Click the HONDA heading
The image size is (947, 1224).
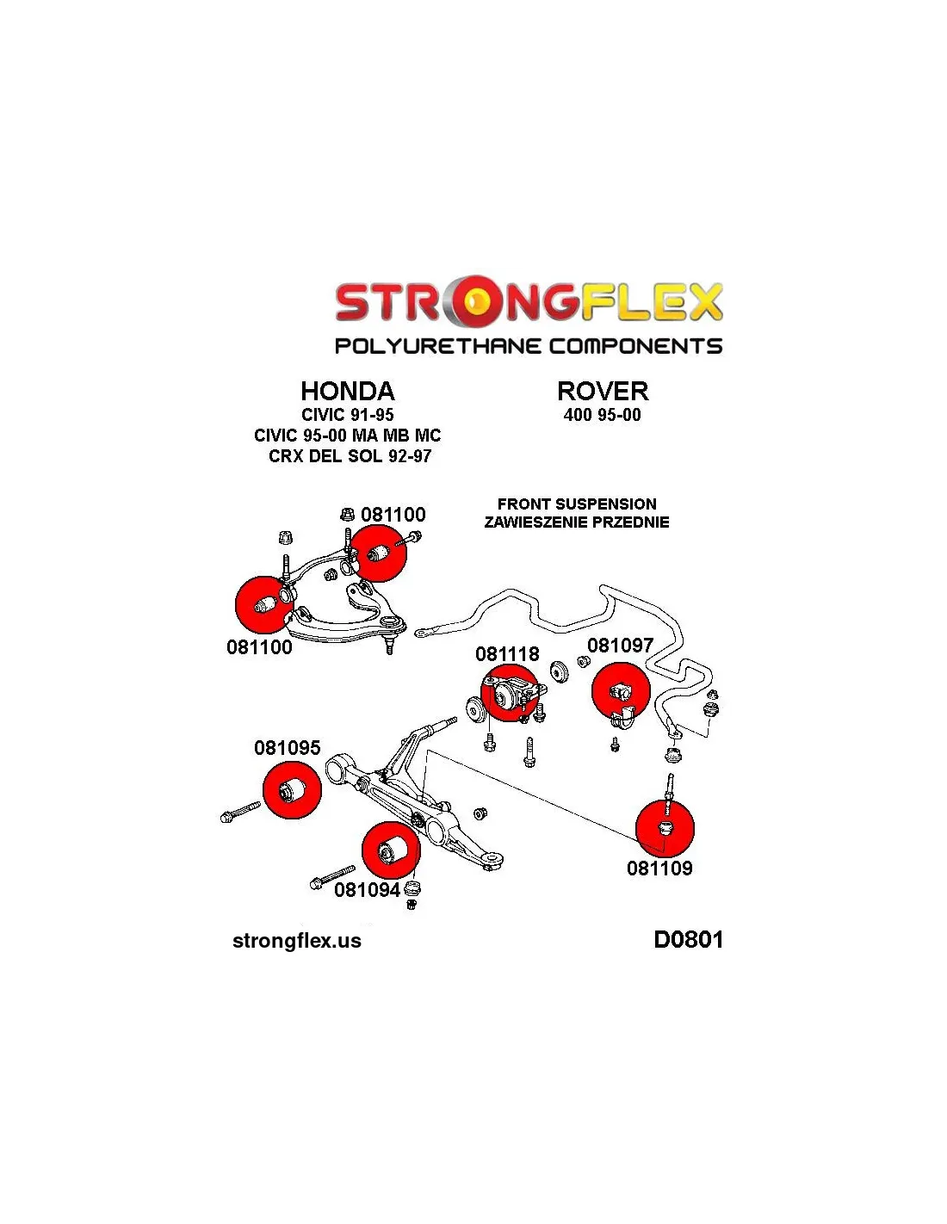tap(347, 392)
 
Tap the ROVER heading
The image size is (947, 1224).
tap(602, 392)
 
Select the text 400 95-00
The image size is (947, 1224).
tap(602, 415)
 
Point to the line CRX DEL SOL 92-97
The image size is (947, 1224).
tap(350, 456)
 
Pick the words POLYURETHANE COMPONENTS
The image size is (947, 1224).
tap(528, 346)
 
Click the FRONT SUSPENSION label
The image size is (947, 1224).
tap(577, 504)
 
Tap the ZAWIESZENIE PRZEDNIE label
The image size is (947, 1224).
tap(577, 522)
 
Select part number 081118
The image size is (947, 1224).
tap(507, 654)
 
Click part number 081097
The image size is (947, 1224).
tap(620, 646)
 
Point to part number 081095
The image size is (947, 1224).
tap(287, 748)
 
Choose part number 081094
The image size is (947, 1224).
tap(367, 890)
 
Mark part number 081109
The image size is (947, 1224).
tap(659, 868)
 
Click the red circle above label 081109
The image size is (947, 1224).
tap(665, 827)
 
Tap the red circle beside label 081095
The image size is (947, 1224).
tap(292, 789)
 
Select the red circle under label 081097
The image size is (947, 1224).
tap(621, 691)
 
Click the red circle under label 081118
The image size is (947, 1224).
tap(510, 693)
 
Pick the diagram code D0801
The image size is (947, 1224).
tap(688, 939)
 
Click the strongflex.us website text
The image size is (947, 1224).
tap(297, 941)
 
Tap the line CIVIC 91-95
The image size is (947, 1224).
tap(347, 415)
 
